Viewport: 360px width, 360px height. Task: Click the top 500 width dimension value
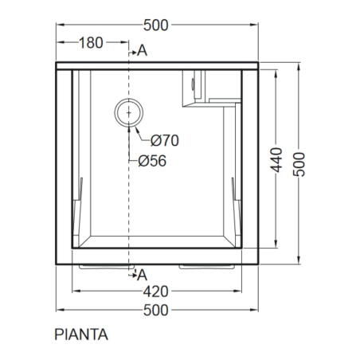pyautogui.click(x=156, y=25)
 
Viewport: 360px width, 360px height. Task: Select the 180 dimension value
pyautogui.click(x=91, y=42)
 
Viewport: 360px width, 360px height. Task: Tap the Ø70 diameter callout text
pyautogui.click(x=165, y=140)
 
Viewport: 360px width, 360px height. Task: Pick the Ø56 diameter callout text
pyautogui.click(x=152, y=161)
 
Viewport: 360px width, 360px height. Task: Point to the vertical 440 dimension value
pyautogui.click(x=276, y=160)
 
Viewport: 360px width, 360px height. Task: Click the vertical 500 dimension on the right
pyautogui.click(x=299, y=164)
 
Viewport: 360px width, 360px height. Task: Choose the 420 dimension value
pyautogui.click(x=156, y=292)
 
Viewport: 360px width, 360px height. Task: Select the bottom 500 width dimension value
pyautogui.click(x=156, y=310)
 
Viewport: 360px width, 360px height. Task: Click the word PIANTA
pyautogui.click(x=81, y=335)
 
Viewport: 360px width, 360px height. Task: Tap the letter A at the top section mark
pyautogui.click(x=143, y=50)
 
